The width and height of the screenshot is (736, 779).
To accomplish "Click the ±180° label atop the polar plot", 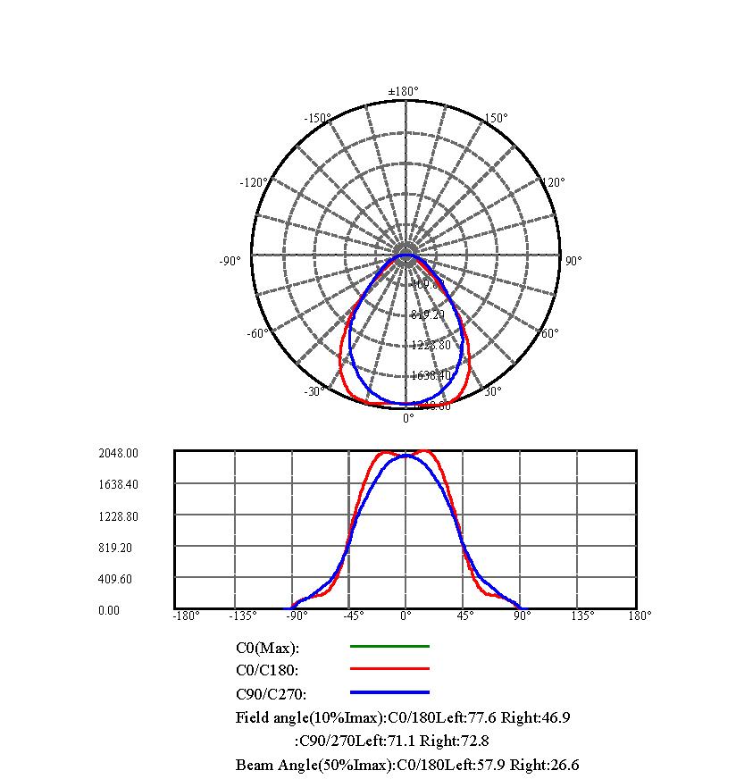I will [x=403, y=91].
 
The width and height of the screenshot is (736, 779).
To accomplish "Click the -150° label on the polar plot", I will [x=317, y=118].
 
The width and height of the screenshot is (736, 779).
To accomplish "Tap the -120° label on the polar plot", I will [x=254, y=182].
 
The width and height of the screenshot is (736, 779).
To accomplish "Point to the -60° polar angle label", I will [x=256, y=333].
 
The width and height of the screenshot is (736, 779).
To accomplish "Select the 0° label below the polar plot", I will [x=408, y=417].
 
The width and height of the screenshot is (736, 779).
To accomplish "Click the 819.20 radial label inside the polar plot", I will [x=428, y=314].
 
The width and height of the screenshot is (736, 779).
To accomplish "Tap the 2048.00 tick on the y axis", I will [x=119, y=453].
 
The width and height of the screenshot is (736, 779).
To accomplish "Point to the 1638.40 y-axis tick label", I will [x=119, y=484].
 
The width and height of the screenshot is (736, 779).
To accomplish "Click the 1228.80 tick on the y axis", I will [x=119, y=516].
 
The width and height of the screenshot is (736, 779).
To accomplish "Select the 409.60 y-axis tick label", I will [x=116, y=579].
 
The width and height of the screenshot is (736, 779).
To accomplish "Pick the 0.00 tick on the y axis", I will [x=109, y=610].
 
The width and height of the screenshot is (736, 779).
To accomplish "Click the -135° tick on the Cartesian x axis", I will [x=242, y=615].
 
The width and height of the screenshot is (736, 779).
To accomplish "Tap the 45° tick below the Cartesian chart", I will [x=465, y=615].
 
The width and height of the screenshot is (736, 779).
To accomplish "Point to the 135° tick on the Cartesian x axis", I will [x=581, y=615].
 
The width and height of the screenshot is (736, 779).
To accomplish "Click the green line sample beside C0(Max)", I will [x=389, y=646].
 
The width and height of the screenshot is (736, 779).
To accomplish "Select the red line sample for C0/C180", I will [x=389, y=668].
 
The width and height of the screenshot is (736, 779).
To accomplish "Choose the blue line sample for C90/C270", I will [x=389, y=692].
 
